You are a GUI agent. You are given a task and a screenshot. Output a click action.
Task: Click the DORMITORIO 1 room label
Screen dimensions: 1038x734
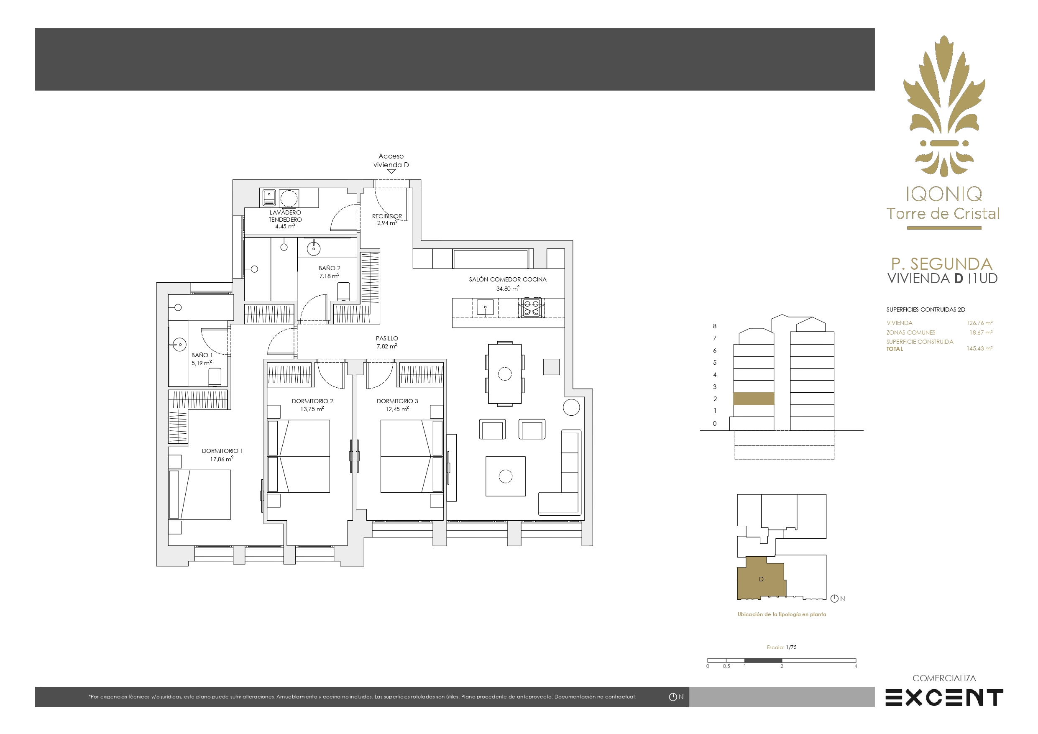(222, 451)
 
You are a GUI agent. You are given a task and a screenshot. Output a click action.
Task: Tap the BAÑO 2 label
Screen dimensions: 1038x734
(329, 268)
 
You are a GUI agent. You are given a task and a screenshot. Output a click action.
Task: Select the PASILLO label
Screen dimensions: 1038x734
(387, 338)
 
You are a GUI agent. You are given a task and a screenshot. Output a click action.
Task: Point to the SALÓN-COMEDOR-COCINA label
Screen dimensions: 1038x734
(508, 279)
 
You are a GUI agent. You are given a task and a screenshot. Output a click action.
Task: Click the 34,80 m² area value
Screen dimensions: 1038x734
(508, 289)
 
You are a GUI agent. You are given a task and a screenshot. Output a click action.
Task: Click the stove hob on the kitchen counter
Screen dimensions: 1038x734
(531, 308)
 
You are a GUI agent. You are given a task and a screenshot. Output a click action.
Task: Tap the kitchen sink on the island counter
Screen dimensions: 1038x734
(485, 307)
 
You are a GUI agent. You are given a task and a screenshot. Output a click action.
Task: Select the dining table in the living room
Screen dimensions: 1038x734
(504, 373)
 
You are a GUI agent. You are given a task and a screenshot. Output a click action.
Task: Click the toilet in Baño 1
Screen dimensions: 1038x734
(215, 377)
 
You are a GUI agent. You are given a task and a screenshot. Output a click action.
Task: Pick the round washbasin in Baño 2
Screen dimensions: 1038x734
(314, 248)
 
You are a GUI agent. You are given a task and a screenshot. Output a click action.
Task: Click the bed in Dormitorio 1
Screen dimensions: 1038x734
(199, 494)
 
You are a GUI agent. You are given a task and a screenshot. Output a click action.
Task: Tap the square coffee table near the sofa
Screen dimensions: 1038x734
(506, 476)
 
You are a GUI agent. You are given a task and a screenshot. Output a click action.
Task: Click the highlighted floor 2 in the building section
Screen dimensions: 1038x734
(753, 399)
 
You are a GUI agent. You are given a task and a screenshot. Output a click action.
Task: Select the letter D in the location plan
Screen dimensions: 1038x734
(761, 579)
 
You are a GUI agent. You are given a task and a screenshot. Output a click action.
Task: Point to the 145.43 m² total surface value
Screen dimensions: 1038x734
(979, 349)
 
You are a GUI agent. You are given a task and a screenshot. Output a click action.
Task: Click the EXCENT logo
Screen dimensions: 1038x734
(944, 698)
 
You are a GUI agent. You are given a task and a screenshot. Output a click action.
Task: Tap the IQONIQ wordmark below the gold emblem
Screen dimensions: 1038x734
(944, 194)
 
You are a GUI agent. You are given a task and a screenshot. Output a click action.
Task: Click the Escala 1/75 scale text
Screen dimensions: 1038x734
(782, 647)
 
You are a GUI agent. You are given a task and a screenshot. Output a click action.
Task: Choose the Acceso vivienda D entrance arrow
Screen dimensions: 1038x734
(391, 171)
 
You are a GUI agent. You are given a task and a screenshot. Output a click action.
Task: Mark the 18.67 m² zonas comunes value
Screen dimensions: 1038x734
(981, 332)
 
